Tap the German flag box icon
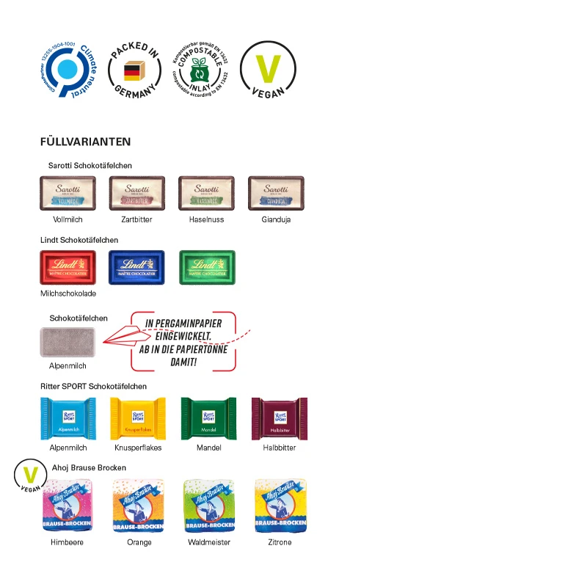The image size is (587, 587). tap(133, 71)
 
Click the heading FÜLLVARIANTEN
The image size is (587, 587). tap(86, 142)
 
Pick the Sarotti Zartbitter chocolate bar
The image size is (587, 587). tap(137, 193)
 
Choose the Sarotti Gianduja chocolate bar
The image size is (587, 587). tap(276, 193)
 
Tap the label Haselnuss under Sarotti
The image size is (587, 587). tap(207, 219)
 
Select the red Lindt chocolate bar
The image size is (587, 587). tap(68, 267)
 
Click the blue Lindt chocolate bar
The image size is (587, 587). tap(136, 267)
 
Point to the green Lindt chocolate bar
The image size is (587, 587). tap(207, 267)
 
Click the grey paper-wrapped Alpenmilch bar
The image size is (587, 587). tap(68, 342)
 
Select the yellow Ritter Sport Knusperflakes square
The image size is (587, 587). tap(138, 419)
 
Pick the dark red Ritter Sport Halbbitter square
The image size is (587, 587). tap(279, 419)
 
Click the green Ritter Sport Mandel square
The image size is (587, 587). tap(208, 419)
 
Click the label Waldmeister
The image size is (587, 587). tap(209, 542)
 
